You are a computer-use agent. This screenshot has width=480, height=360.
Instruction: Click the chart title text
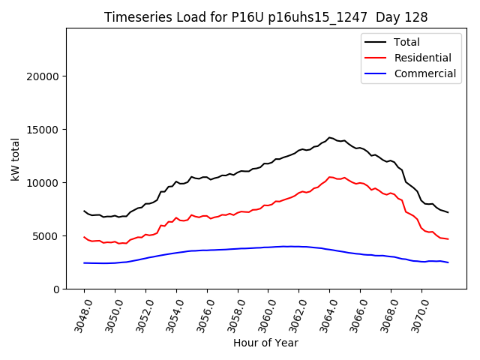pyautogui.click(x=266, y=17)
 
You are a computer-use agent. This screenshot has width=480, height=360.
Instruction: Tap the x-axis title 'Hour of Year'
pyautogui.click(x=265, y=343)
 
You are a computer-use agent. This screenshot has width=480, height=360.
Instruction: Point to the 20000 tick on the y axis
pyautogui.click(x=43, y=76)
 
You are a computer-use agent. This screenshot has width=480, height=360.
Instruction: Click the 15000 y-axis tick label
pyautogui.click(x=43, y=130)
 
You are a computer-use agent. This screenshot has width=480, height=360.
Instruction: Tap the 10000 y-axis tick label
pyautogui.click(x=43, y=183)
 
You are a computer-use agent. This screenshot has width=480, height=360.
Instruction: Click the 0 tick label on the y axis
pyautogui.click(x=55, y=289)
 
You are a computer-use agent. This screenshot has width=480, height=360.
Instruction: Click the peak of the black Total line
pyautogui.click(x=330, y=137)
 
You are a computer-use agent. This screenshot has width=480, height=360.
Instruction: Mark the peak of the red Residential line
pyautogui.click(x=330, y=177)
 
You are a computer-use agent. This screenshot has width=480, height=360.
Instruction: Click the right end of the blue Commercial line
pyautogui.click(x=448, y=262)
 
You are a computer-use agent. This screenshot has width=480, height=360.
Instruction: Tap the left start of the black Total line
pyautogui.click(x=84, y=211)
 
